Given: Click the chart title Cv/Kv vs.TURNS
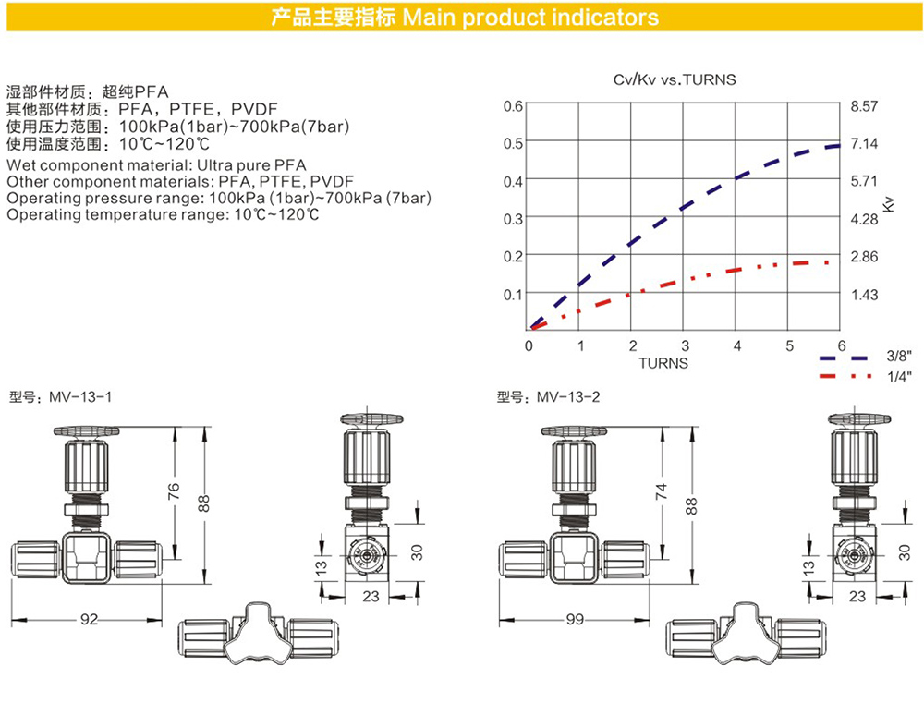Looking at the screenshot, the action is [x=675, y=79].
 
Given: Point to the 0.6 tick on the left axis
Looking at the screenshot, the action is [x=513, y=106].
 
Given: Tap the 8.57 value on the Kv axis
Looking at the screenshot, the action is [x=864, y=106].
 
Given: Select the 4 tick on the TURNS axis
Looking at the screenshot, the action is [x=736, y=345].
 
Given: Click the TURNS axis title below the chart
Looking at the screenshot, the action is [x=663, y=363].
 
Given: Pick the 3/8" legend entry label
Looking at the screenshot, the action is [x=899, y=356].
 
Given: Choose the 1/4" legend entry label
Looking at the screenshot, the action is [x=899, y=376].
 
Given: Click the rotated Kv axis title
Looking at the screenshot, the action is [x=889, y=204].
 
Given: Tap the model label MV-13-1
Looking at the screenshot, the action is [x=80, y=397].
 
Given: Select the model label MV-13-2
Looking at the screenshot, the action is [x=568, y=397].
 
